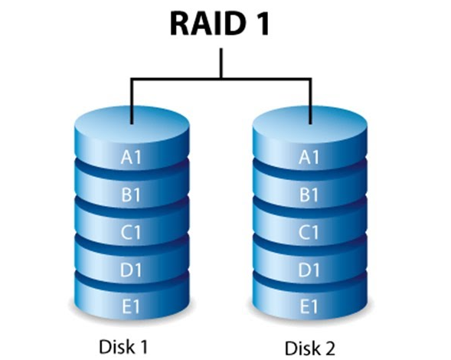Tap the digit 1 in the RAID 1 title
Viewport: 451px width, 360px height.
[261, 24]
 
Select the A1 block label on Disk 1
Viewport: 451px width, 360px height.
[131, 157]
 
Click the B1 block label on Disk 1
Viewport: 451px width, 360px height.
[131, 195]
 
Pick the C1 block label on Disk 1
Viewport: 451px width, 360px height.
[131, 232]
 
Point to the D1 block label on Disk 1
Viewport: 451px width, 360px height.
[131, 270]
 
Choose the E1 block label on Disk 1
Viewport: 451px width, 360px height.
[131, 306]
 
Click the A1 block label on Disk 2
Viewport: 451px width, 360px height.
[309, 157]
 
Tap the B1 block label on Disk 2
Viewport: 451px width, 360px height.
[309, 195]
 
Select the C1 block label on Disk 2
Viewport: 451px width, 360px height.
[309, 232]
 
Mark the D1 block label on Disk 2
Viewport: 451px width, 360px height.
[309, 270]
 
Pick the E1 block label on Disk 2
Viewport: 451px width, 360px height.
[309, 306]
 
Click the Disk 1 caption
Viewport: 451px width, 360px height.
[123, 346]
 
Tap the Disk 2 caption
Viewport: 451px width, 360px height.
[310, 348]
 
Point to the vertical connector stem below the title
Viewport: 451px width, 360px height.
[221, 63]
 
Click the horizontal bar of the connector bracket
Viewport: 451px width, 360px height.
[221, 78]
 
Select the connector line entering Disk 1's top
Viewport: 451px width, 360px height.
[132, 100]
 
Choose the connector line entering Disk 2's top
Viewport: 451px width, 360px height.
[310, 100]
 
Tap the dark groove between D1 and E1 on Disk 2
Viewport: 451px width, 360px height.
[310, 283]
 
